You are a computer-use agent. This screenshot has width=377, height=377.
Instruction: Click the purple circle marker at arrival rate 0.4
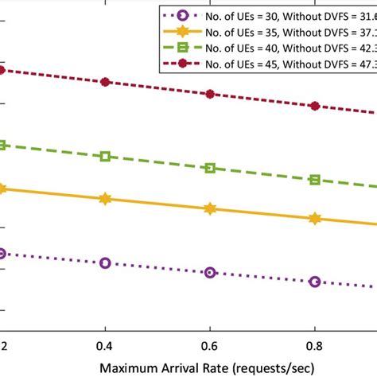pyautogui.click(x=105, y=262)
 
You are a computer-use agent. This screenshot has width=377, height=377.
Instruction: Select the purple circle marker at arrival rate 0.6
pyautogui.click(x=210, y=272)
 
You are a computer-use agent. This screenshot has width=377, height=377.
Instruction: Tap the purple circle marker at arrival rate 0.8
pyautogui.click(x=315, y=282)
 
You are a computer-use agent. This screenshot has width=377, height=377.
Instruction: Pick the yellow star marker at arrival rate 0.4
pyautogui.click(x=105, y=199)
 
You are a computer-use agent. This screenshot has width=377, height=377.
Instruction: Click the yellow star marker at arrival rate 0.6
pyautogui.click(x=210, y=208)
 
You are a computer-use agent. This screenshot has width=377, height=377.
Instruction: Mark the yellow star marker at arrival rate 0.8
pyautogui.click(x=315, y=218)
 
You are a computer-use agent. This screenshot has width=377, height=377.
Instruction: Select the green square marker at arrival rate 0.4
pyautogui.click(x=105, y=157)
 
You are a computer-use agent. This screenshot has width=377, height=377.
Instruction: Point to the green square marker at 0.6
pyautogui.click(x=210, y=168)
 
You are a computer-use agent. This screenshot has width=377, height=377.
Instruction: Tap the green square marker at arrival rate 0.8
pyautogui.click(x=315, y=180)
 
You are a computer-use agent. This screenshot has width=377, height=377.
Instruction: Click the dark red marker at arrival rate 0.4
pyautogui.click(x=105, y=82)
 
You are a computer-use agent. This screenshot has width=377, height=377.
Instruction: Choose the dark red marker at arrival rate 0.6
pyautogui.click(x=210, y=94)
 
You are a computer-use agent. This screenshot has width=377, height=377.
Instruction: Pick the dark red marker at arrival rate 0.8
pyautogui.click(x=315, y=106)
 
